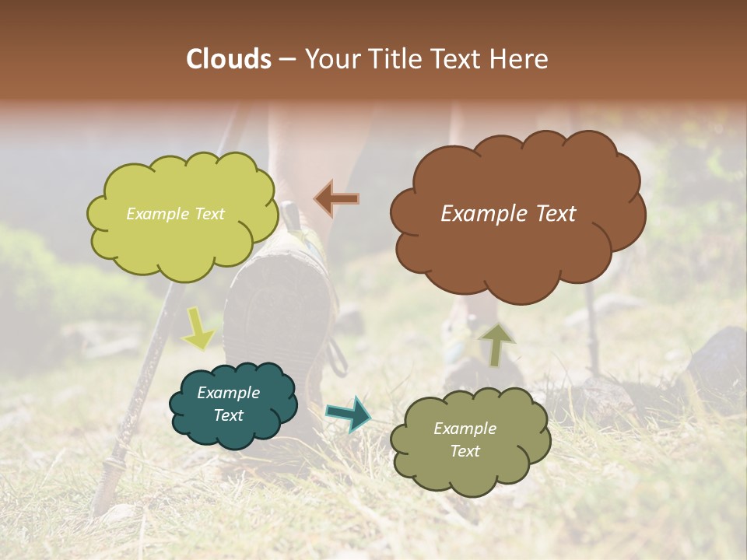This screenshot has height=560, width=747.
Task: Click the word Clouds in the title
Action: [229, 59]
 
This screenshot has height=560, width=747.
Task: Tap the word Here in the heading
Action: [521, 59]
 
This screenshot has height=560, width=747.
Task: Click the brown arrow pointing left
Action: [336, 199]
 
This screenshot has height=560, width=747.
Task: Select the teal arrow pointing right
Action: [349, 413]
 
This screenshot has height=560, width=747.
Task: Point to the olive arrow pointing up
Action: [495, 344]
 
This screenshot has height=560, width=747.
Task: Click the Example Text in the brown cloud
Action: [508, 214]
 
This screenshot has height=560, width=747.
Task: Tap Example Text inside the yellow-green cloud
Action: [175, 214]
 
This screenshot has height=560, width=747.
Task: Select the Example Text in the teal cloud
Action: [229, 404]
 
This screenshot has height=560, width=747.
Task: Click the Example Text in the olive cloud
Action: [465, 439]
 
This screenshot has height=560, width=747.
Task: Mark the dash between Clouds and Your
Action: [287, 59]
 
